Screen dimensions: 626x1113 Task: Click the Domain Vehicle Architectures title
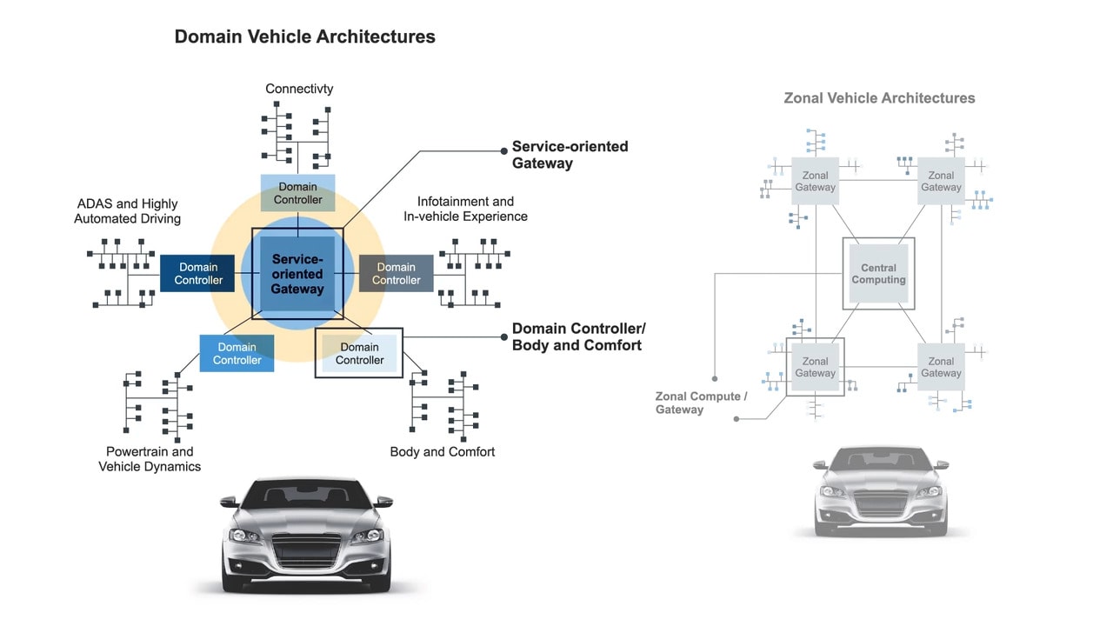tap(304, 37)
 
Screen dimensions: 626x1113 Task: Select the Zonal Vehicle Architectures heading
tap(879, 98)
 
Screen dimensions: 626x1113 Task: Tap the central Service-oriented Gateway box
tap(297, 273)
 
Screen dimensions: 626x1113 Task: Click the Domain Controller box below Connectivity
tap(298, 193)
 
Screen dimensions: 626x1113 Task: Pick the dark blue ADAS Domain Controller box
tap(198, 274)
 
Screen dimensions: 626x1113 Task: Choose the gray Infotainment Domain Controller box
tap(397, 274)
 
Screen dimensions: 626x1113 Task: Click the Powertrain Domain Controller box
tap(237, 353)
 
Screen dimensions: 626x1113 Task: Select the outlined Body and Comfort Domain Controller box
tap(359, 353)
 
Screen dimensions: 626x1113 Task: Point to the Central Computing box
tap(878, 274)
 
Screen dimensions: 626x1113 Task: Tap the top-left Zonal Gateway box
tap(815, 181)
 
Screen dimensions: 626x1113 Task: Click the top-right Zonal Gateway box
tap(941, 181)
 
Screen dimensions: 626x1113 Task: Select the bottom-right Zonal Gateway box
tap(941, 367)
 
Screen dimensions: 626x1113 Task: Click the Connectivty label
tap(299, 89)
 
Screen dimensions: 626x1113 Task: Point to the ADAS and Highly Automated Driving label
tap(128, 211)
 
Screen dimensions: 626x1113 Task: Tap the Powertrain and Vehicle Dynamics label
tap(150, 459)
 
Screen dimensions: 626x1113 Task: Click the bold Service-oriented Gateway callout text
tap(570, 155)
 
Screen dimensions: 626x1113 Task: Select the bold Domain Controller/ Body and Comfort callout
tap(578, 336)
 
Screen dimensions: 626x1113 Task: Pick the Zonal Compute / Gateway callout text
tap(701, 403)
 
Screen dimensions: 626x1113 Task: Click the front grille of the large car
tap(306, 550)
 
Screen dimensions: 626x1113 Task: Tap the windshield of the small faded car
tap(880, 461)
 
